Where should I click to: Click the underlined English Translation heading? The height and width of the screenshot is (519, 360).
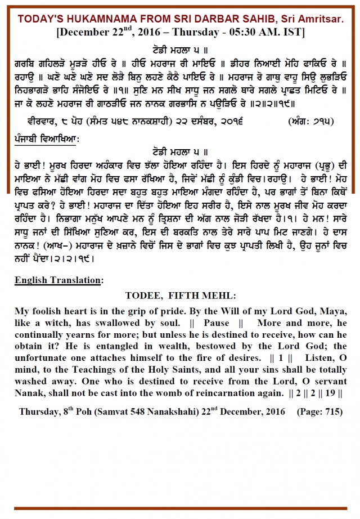pos(59,280)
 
